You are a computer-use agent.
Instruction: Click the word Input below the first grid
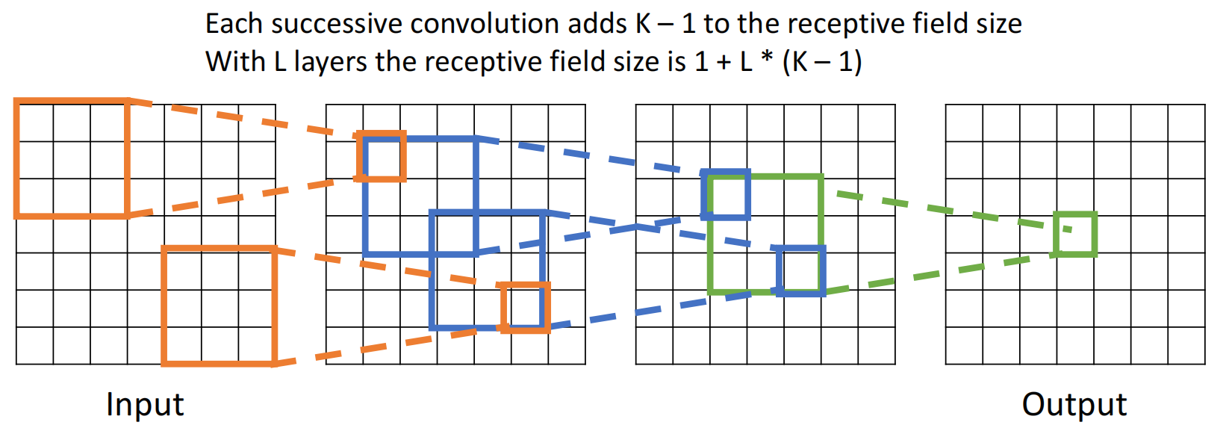point(145,406)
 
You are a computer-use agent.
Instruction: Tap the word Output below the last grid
point(1074,405)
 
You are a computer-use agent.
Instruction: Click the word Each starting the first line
point(235,24)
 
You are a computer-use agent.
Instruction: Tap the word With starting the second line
point(235,61)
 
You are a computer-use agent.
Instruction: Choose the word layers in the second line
point(331,61)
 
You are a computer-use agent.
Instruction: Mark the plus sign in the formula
point(724,62)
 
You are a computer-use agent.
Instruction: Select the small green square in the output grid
point(1075,235)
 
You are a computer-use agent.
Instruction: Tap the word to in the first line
point(717,24)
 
